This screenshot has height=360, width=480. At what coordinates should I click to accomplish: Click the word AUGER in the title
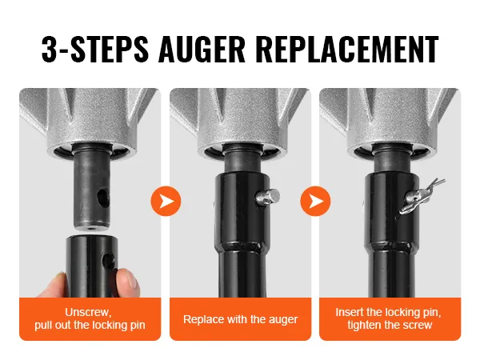click(x=202, y=49)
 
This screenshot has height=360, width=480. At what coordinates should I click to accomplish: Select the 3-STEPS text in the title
click(x=95, y=49)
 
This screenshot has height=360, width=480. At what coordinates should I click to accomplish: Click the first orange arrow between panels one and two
click(x=166, y=201)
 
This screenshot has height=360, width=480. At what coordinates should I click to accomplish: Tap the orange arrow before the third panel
click(x=316, y=201)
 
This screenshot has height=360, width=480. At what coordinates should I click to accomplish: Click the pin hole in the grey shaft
click(x=103, y=197)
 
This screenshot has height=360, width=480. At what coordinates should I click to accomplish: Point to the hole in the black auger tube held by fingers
click(x=108, y=261)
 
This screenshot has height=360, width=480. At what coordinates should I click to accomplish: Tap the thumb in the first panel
click(x=53, y=286)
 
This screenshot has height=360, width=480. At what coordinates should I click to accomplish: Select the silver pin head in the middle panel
click(x=268, y=198)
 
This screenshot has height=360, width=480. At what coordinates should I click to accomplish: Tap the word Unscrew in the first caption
click(x=88, y=312)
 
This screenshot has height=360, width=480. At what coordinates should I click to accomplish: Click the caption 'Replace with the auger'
click(x=240, y=319)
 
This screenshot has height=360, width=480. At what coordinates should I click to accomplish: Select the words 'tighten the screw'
click(x=390, y=325)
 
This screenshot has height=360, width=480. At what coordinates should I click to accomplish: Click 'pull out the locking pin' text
click(x=90, y=325)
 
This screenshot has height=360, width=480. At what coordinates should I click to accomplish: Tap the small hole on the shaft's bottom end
click(x=91, y=228)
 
